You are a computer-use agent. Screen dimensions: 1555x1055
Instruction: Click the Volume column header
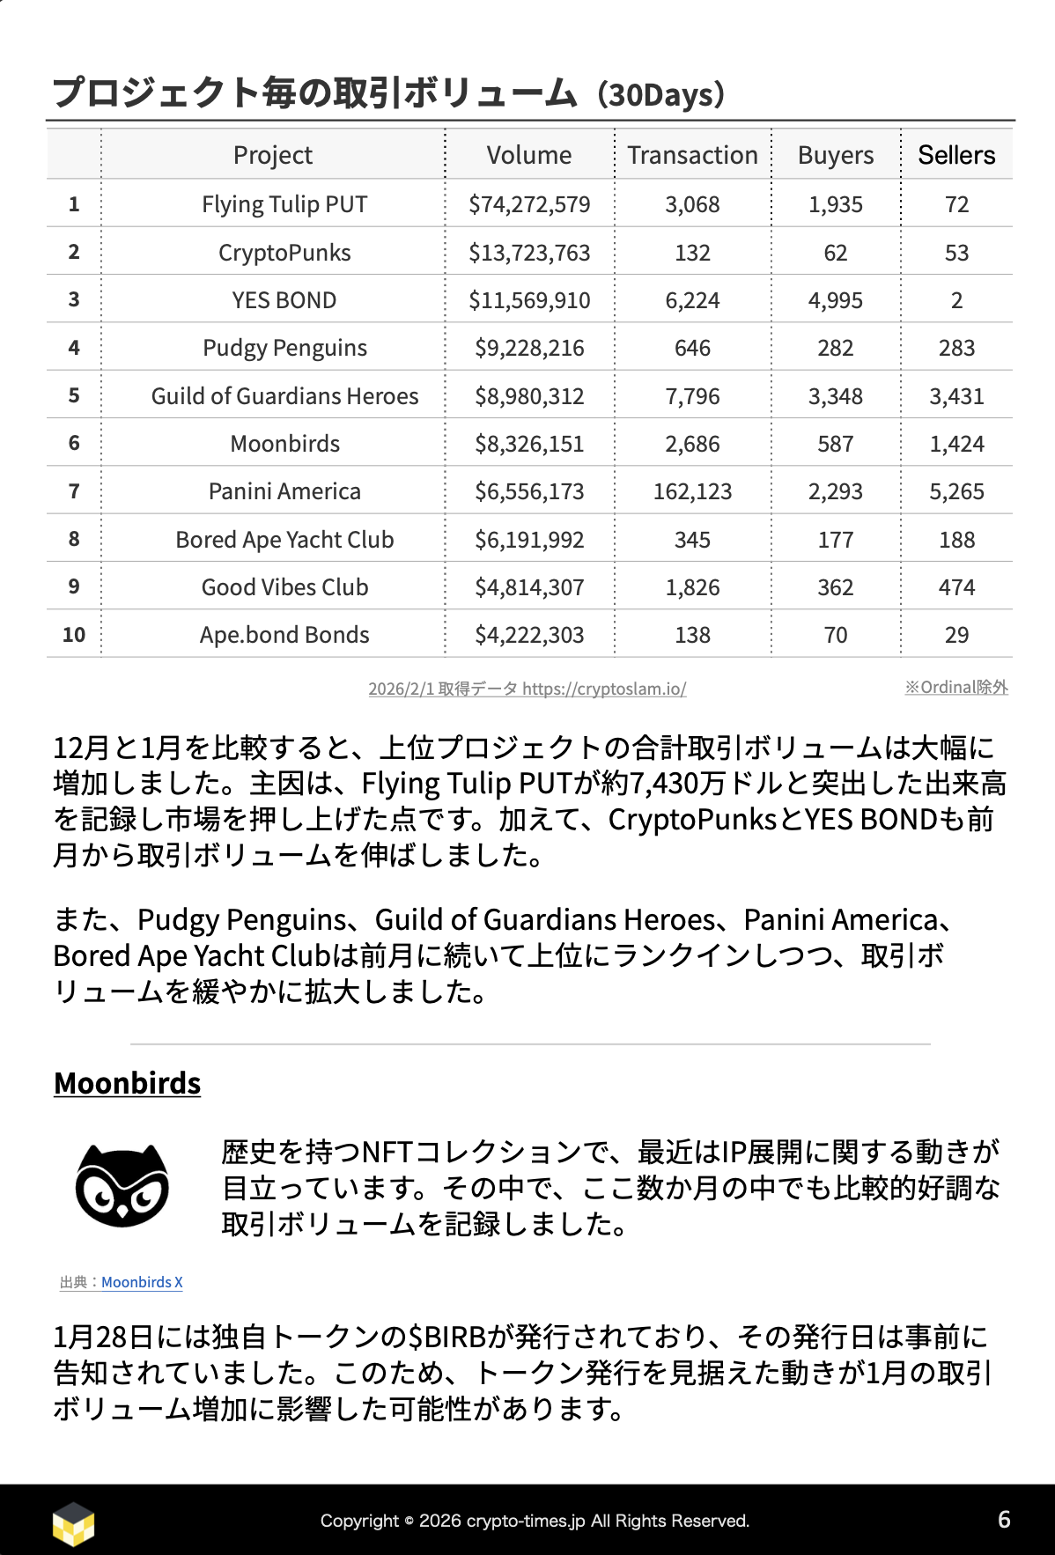click(x=528, y=156)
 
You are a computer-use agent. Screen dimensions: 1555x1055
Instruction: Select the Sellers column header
click(x=956, y=156)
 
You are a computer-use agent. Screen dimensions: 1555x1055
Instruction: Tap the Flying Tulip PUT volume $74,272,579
click(x=529, y=204)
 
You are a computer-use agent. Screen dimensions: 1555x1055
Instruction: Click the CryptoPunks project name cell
click(x=284, y=253)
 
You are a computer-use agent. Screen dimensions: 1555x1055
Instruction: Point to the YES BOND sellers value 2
click(x=956, y=300)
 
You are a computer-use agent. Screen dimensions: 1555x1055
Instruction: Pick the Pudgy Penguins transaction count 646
click(x=692, y=348)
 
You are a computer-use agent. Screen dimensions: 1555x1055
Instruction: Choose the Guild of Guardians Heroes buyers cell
click(x=835, y=396)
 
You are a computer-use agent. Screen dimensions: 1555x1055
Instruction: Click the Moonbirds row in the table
click(x=284, y=444)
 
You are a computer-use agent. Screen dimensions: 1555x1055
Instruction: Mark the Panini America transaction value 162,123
click(x=692, y=491)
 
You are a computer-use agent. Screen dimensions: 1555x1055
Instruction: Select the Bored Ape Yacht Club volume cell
click(x=529, y=540)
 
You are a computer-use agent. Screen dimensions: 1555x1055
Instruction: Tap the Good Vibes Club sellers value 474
click(x=956, y=587)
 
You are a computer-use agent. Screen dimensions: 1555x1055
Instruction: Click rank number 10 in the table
click(x=74, y=635)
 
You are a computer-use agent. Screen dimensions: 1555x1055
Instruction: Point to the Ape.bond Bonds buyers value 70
click(x=835, y=635)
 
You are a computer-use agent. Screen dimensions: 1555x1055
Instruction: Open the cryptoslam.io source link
click(x=604, y=689)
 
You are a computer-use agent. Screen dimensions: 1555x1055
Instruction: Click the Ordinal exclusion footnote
click(x=956, y=687)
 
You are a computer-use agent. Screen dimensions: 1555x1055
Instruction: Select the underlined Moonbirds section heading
click(x=128, y=1083)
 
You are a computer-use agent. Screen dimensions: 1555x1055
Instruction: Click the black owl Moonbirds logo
click(x=122, y=1185)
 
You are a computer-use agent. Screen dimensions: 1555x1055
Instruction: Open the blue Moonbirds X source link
click(x=142, y=1282)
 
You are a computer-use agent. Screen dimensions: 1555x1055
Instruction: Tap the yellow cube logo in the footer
click(x=73, y=1522)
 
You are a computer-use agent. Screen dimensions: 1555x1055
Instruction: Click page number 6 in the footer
click(x=1004, y=1520)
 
